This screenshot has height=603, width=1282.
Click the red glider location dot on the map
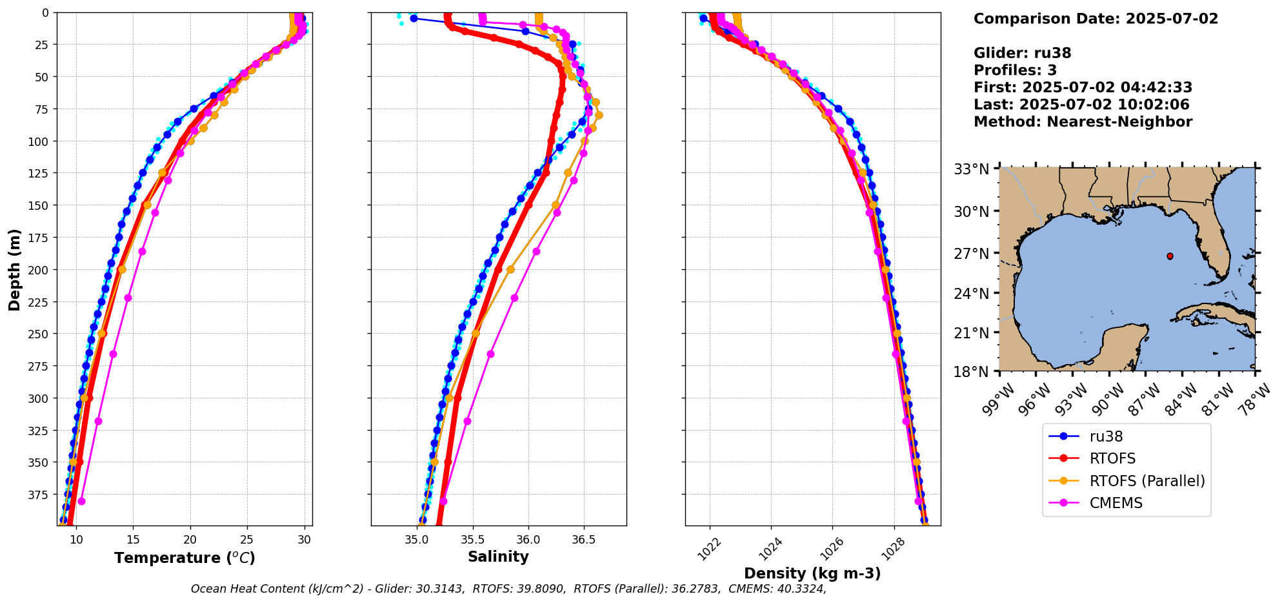[x=1170, y=256]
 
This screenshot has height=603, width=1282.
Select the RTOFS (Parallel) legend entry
[x=1147, y=481]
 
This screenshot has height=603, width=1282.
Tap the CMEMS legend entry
[x=1116, y=503]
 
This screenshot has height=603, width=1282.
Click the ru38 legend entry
[x=1106, y=436]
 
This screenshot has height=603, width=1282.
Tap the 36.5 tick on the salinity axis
[x=584, y=540]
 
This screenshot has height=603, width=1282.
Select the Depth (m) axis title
[x=14, y=269]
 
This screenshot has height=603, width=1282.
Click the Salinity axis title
[x=498, y=557]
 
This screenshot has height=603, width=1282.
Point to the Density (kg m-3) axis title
[x=812, y=573]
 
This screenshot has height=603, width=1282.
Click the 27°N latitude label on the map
[x=972, y=254]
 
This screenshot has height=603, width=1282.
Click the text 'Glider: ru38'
[x=1022, y=53]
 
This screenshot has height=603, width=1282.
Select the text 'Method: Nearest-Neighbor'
[x=1083, y=121]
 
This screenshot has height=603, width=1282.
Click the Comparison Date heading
[x=1096, y=19]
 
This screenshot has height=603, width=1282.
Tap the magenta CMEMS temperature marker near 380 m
[x=81, y=501]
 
